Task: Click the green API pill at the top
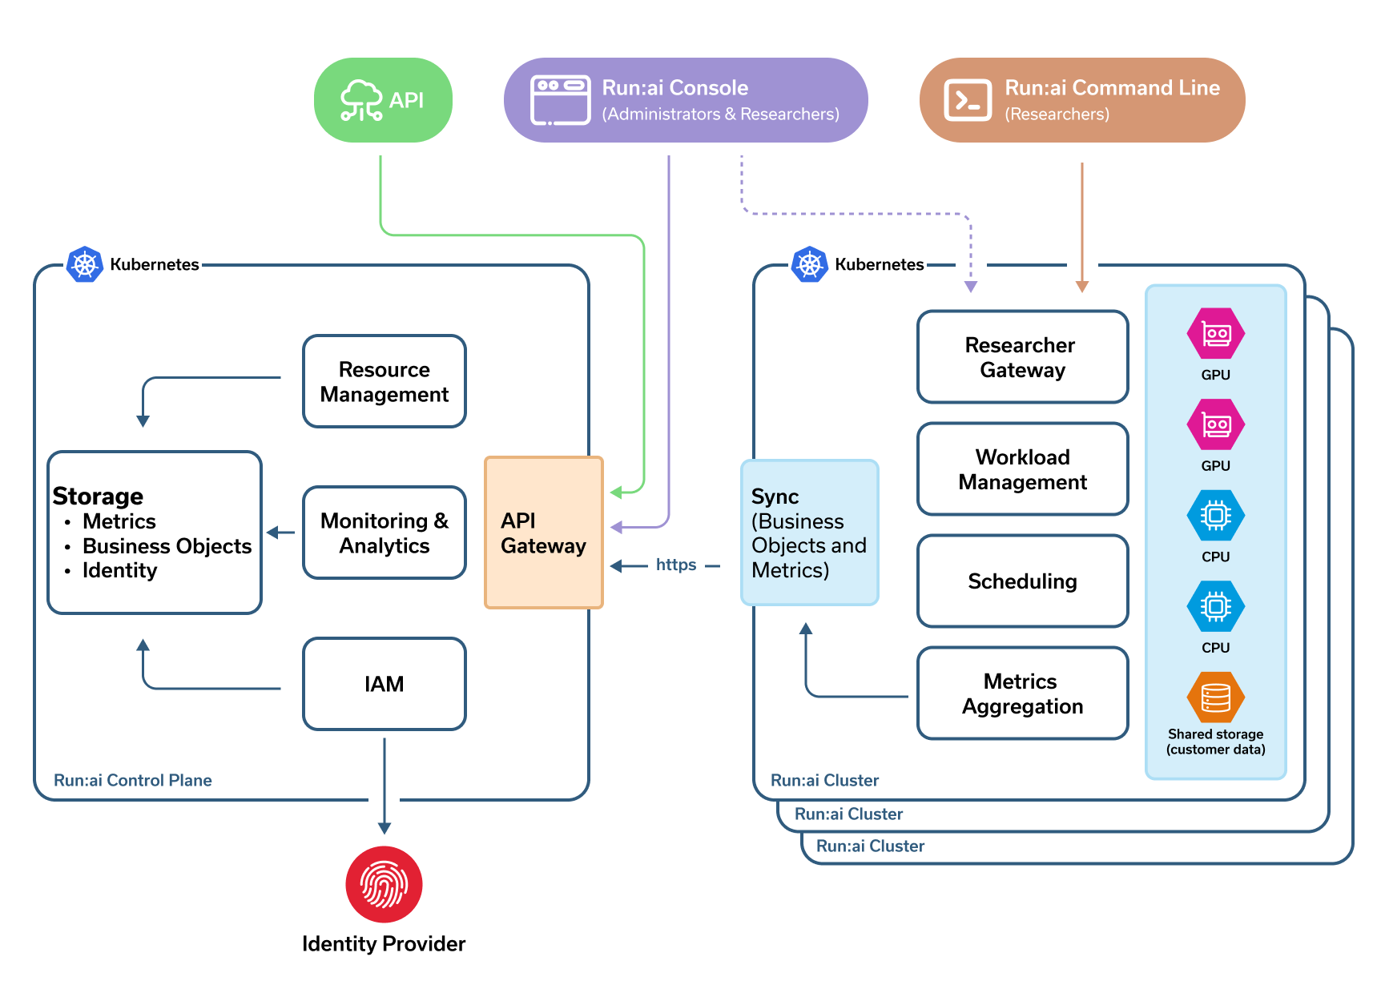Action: click(x=383, y=100)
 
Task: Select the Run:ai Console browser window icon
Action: click(x=561, y=101)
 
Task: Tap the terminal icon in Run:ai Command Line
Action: click(x=968, y=101)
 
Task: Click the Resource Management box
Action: click(x=385, y=381)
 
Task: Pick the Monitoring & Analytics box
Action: click(x=385, y=533)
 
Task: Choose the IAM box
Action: click(x=385, y=684)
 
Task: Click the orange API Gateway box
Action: click(x=544, y=533)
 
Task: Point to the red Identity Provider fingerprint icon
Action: click(x=385, y=884)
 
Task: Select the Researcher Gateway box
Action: click(x=1022, y=357)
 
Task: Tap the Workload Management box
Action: click(x=1022, y=469)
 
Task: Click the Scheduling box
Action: click(x=1022, y=581)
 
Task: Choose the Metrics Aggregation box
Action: click(x=1022, y=693)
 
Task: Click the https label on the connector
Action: click(x=676, y=565)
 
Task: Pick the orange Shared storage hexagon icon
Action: click(x=1215, y=697)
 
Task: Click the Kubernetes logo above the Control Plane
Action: click(x=85, y=264)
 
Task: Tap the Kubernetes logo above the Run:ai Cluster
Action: click(x=810, y=264)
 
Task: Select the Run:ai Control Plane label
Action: click(x=133, y=780)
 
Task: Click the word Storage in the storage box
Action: click(x=98, y=496)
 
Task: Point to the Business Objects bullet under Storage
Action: click(x=167, y=546)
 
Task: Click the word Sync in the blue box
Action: click(x=775, y=496)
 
